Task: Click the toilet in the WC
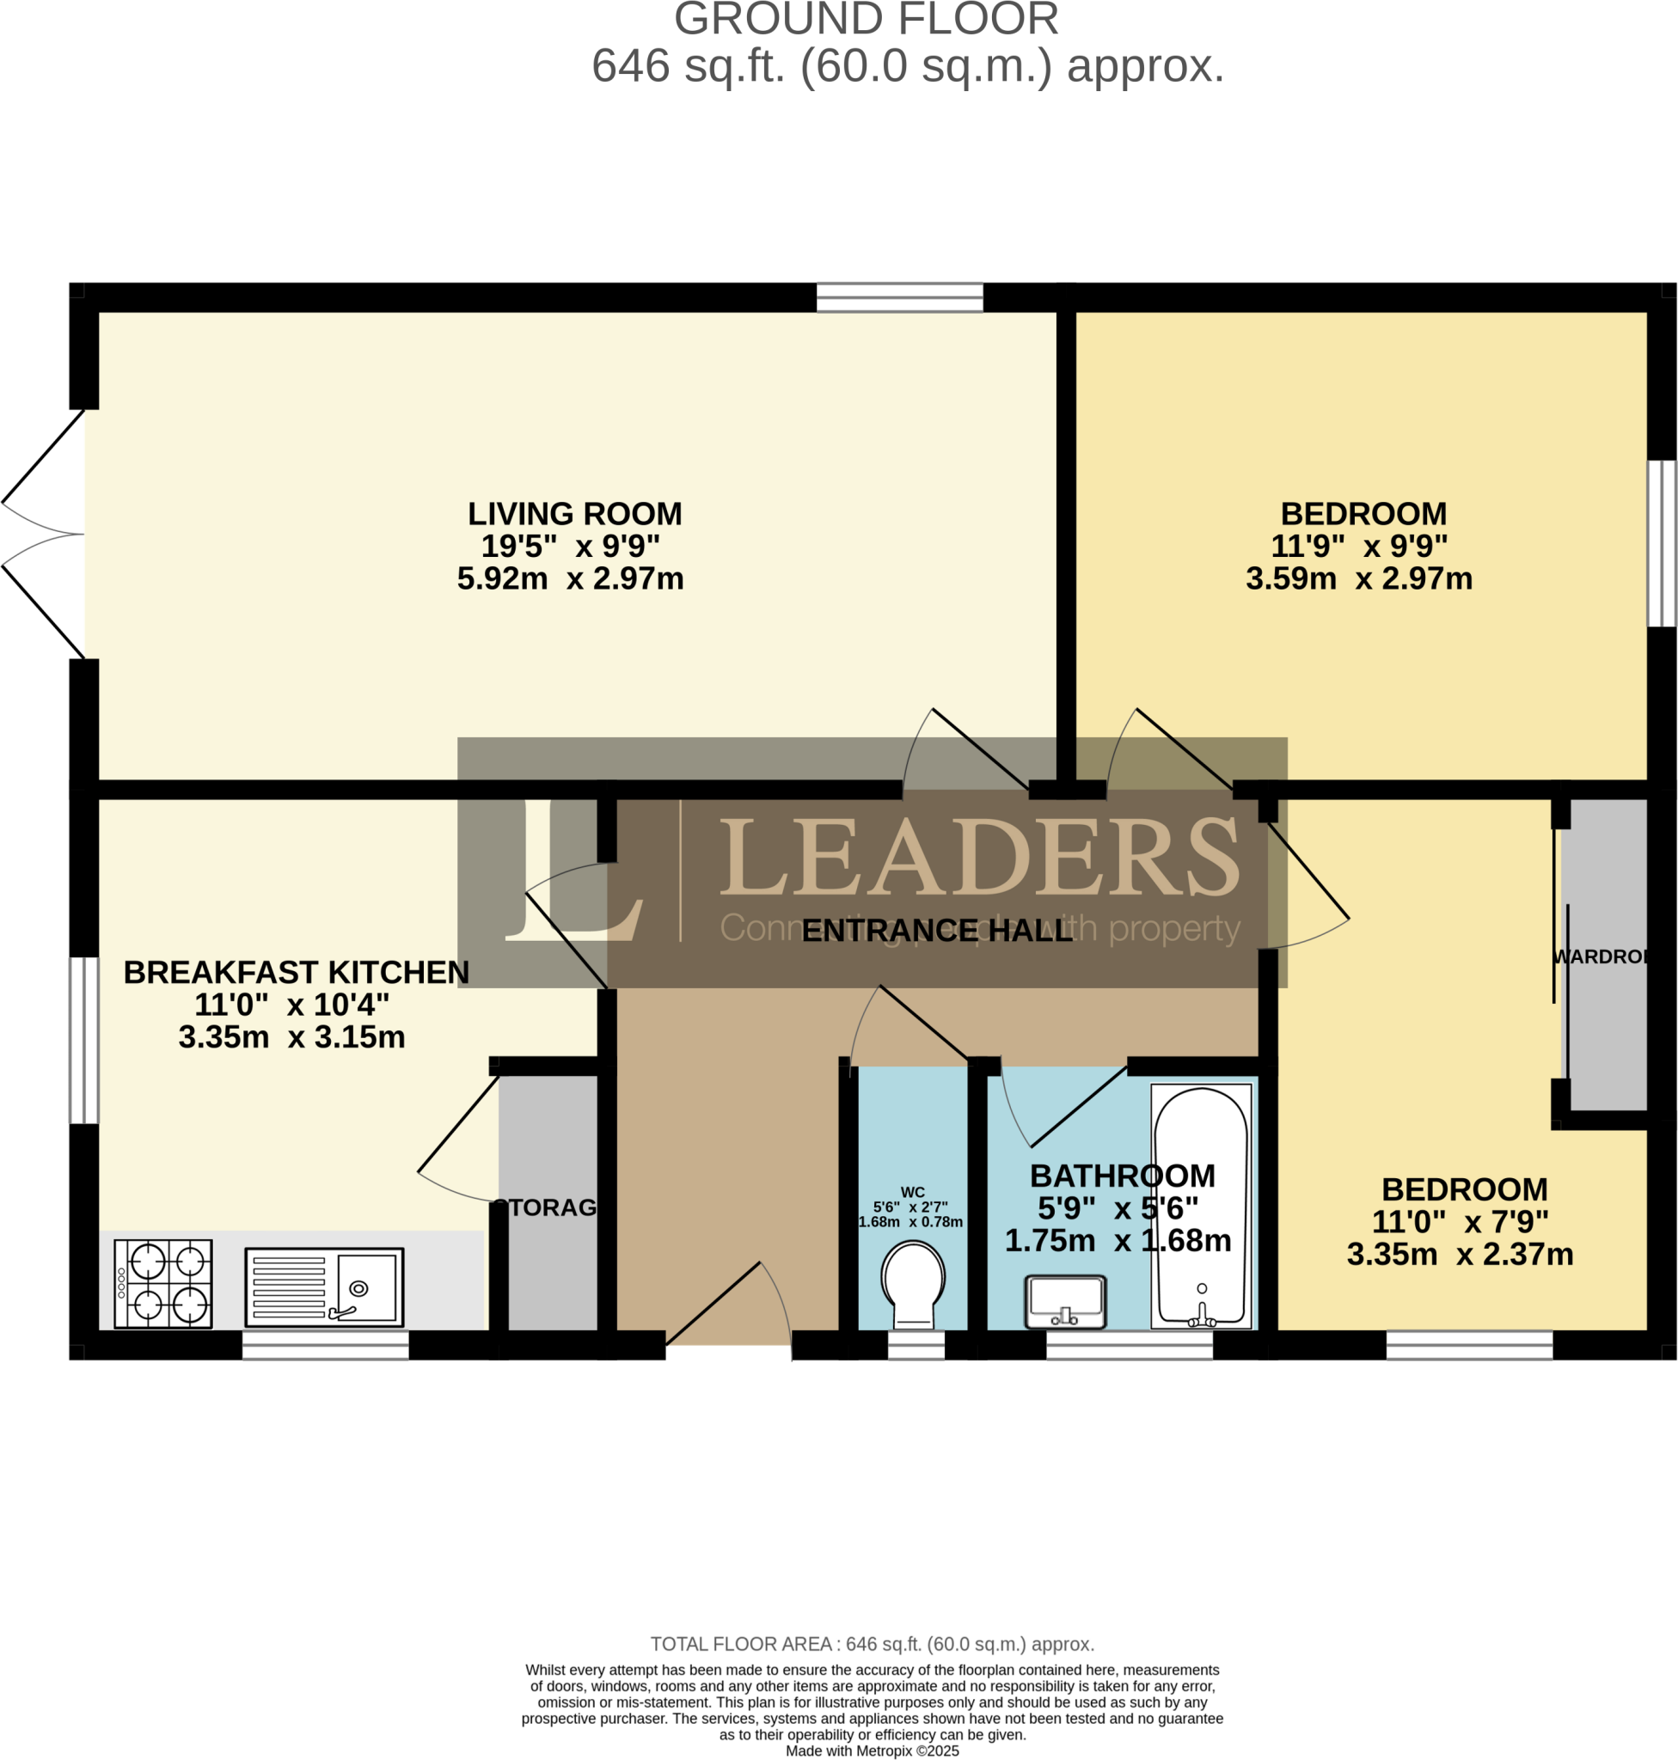[912, 1283]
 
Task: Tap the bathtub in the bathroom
[1200, 1207]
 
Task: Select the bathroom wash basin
[1064, 1302]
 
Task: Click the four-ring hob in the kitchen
[163, 1283]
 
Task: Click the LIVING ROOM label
[574, 514]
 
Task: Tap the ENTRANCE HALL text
[936, 931]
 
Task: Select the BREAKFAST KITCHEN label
[296, 972]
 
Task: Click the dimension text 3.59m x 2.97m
[1359, 578]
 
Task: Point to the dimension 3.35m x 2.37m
[1460, 1255]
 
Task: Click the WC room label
[912, 1192]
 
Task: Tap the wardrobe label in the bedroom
[1601, 956]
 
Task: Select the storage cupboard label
[546, 1207]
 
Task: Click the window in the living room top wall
[900, 298]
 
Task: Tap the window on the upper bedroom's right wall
[1662, 544]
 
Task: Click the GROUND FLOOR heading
[866, 20]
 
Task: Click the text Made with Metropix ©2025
[872, 1751]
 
